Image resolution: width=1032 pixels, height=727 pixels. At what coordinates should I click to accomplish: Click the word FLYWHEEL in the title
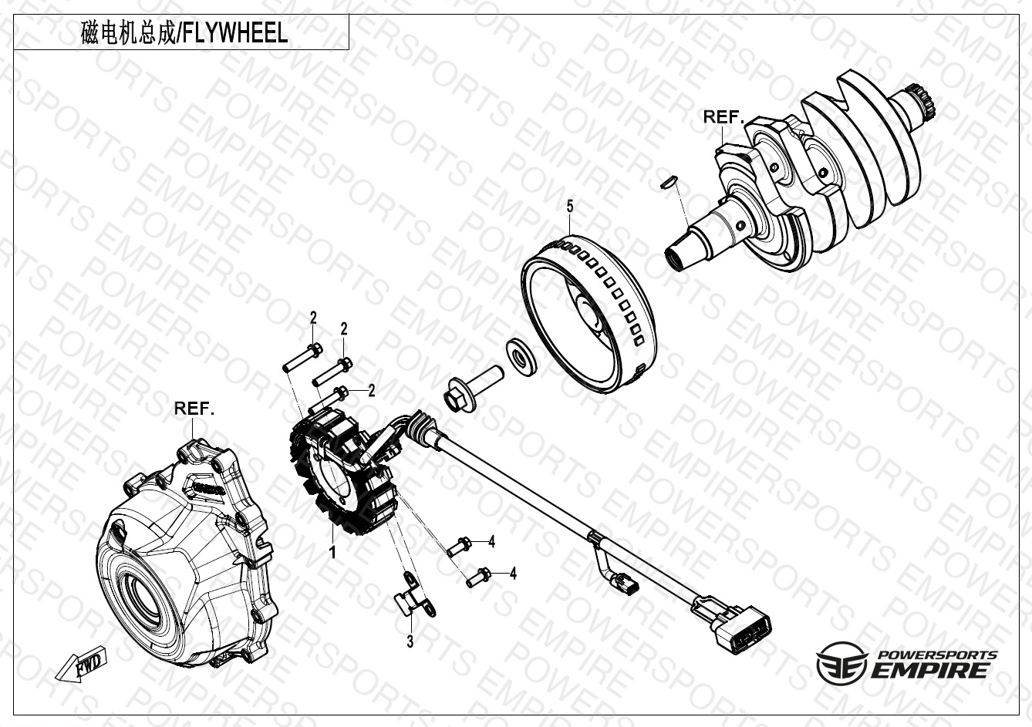(x=236, y=34)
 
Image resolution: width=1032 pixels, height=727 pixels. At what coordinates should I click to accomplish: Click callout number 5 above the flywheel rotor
(x=570, y=207)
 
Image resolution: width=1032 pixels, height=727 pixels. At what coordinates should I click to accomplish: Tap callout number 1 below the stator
(x=332, y=552)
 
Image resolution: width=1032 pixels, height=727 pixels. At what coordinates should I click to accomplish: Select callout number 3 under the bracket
(x=410, y=641)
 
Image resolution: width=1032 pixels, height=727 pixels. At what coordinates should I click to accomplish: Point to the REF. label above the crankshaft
(x=723, y=117)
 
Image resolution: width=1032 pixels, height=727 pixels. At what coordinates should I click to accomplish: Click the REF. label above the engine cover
(x=194, y=409)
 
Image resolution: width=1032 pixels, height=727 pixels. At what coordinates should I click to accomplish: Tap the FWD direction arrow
(x=81, y=665)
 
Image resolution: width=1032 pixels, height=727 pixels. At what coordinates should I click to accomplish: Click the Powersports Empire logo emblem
(x=841, y=664)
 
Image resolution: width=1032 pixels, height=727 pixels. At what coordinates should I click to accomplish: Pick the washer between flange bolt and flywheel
(x=521, y=357)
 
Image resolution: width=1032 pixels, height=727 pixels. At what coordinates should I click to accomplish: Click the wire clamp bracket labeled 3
(x=415, y=597)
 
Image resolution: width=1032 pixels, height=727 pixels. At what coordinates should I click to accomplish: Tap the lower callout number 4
(x=513, y=574)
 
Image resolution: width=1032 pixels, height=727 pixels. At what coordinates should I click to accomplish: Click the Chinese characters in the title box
(x=128, y=34)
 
